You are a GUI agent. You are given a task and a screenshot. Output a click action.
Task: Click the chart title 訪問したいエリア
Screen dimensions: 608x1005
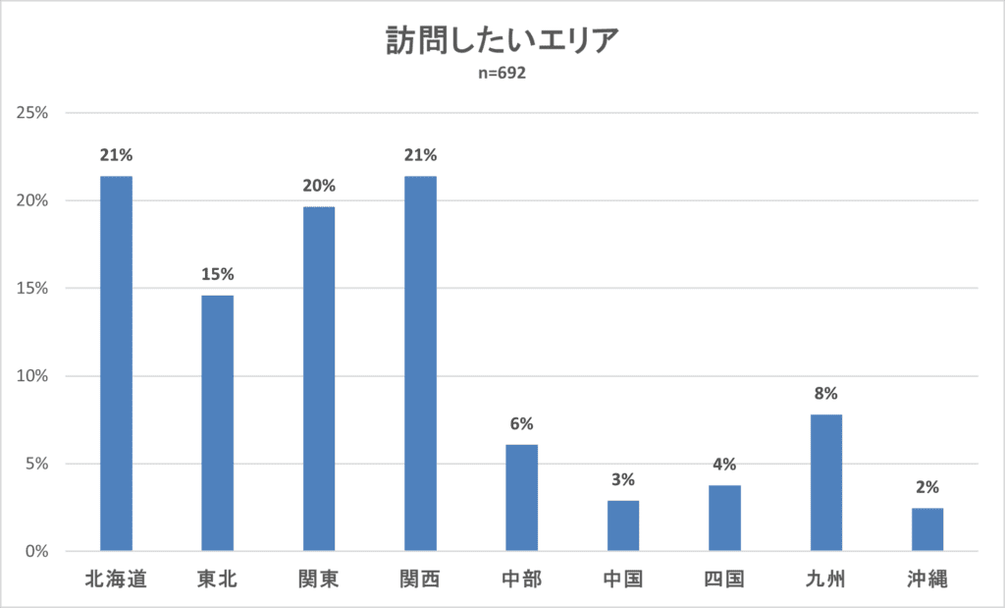(x=502, y=43)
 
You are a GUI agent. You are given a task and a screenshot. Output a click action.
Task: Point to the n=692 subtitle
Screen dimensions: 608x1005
(x=502, y=73)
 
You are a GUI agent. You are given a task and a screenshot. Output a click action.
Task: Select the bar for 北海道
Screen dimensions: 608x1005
(x=116, y=363)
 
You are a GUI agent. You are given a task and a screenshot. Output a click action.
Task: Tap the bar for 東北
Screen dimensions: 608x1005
(x=217, y=422)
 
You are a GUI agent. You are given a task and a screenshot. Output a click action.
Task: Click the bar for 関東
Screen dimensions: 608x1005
(x=319, y=378)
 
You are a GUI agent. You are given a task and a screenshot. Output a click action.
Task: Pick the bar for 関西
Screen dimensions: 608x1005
(x=420, y=363)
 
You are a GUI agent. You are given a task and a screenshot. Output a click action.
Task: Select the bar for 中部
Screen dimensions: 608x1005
(x=521, y=497)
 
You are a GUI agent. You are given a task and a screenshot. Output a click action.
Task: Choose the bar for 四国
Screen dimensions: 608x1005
(x=724, y=518)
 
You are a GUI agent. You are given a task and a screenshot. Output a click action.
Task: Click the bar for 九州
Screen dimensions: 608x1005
(x=825, y=482)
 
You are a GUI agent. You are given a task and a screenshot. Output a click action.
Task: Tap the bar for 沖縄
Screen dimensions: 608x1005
(x=927, y=529)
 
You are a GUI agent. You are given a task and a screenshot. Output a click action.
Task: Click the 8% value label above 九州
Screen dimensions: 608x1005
(x=825, y=394)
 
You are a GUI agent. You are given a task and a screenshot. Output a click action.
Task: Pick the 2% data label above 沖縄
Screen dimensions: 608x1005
(x=927, y=486)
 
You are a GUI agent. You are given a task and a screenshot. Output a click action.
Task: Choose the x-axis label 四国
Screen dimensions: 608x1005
(x=724, y=580)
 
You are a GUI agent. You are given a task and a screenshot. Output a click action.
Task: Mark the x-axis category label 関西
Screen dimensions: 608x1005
(x=420, y=580)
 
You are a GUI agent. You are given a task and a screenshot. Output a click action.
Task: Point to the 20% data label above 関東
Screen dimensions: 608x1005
(x=319, y=186)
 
